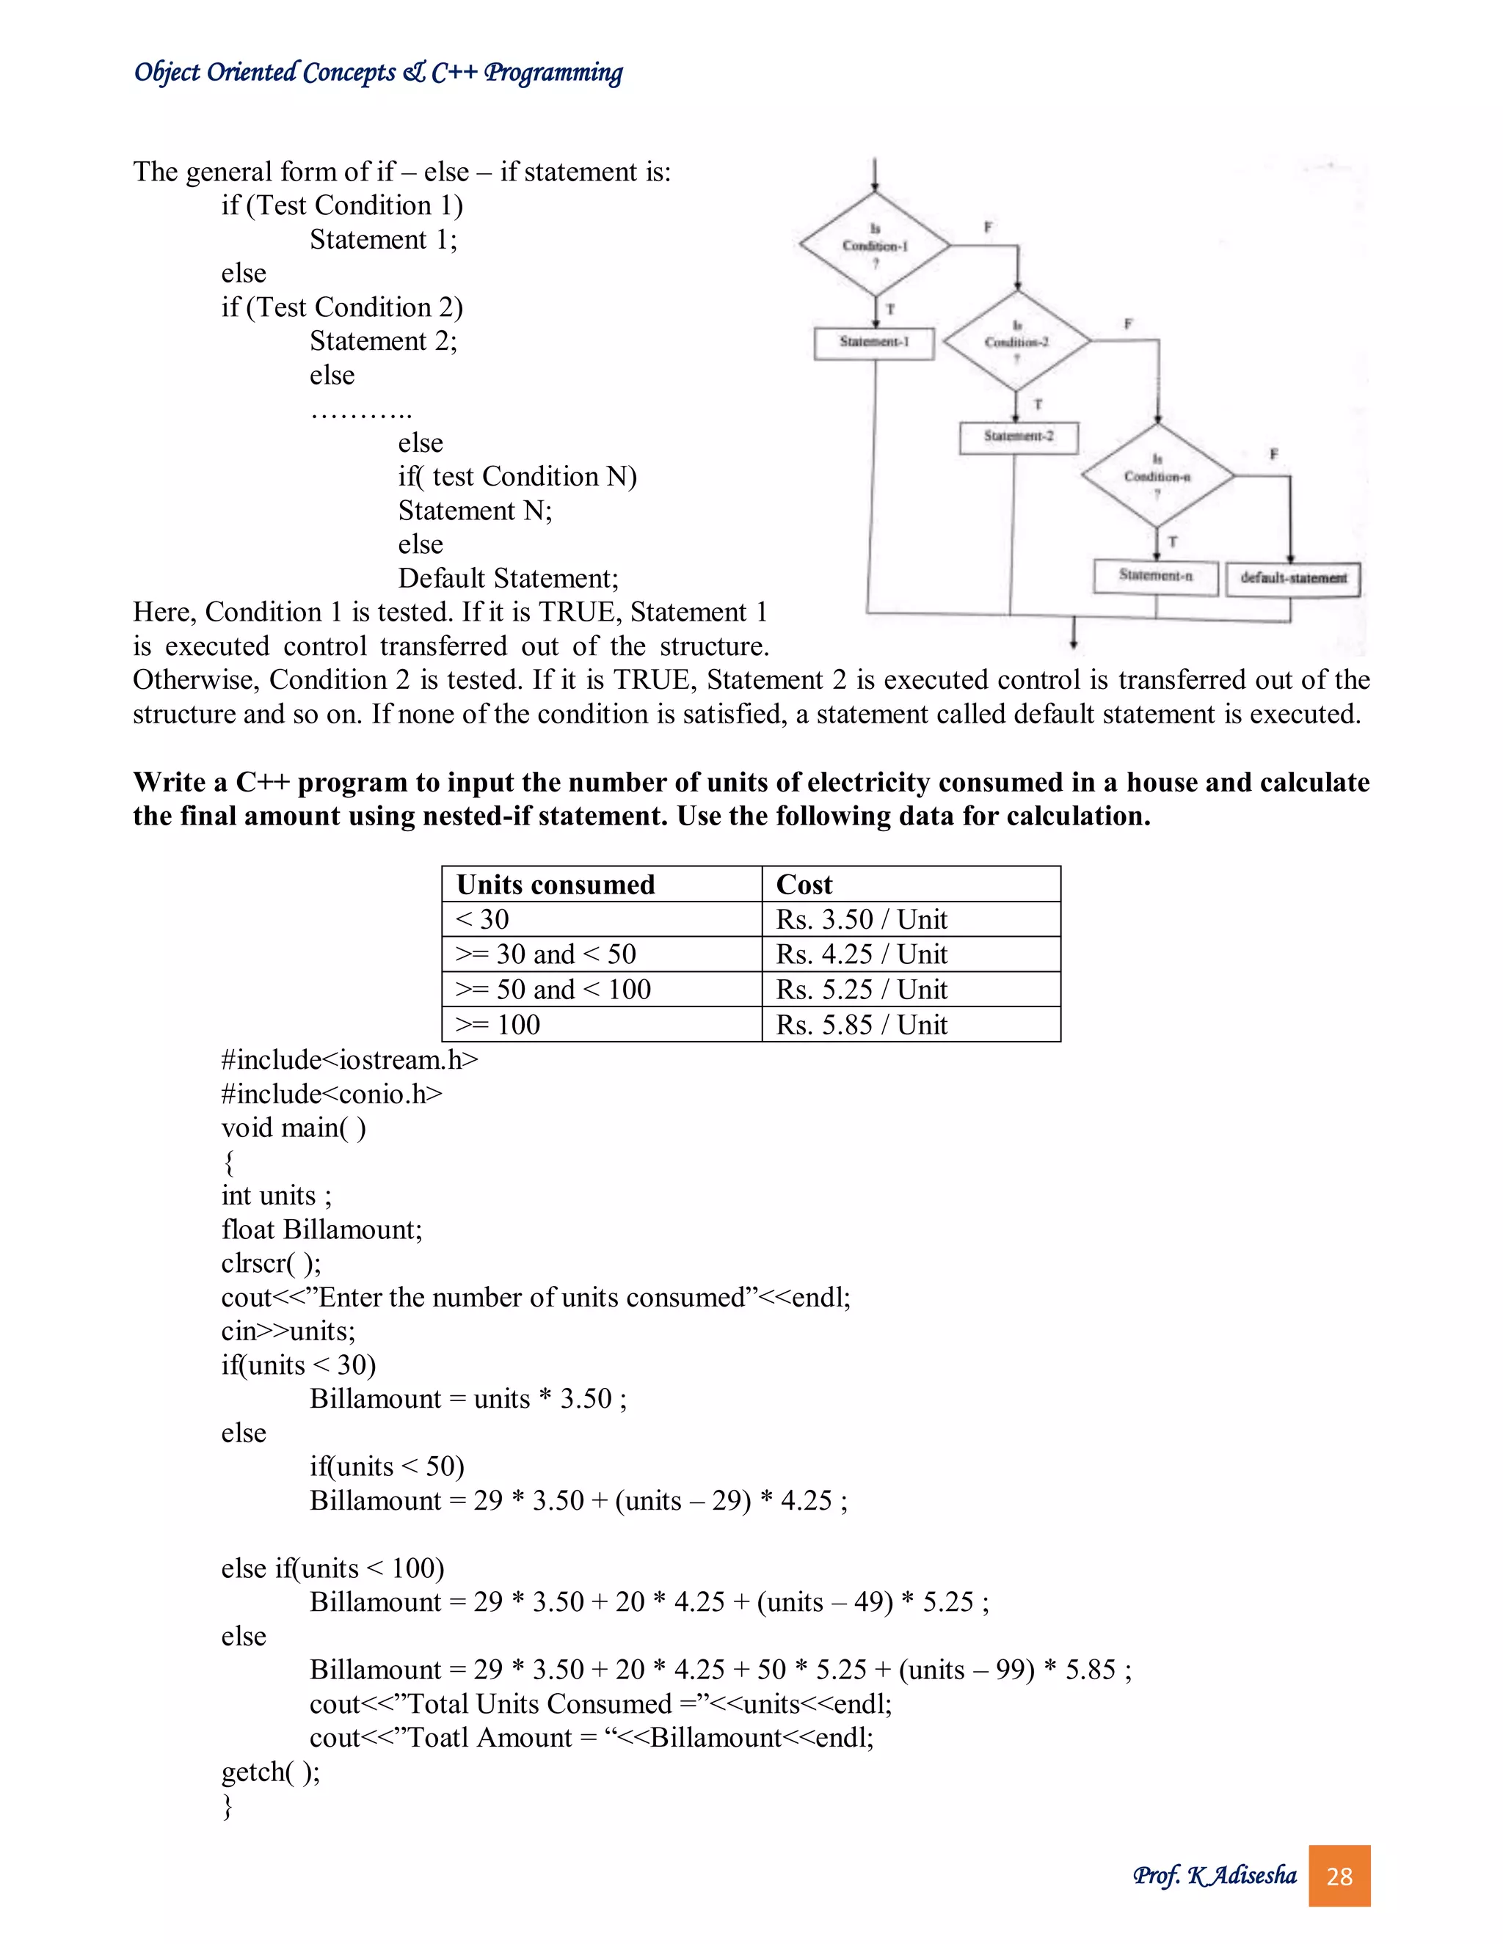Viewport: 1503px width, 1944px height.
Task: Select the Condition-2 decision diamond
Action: pos(1016,342)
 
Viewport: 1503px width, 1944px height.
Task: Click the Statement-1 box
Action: pos(874,343)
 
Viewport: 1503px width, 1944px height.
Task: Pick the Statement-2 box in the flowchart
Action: pos(1019,437)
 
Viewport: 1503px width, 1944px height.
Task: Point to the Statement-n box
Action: pos(1156,576)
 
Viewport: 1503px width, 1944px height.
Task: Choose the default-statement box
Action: pos(1293,579)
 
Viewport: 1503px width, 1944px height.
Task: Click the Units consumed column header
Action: pos(556,885)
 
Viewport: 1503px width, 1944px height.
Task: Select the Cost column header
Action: pos(804,885)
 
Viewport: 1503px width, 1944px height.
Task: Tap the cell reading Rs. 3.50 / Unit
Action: pos(861,919)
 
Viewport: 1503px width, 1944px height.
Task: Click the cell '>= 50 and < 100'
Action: pos(553,990)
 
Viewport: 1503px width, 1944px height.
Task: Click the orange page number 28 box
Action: pos(1339,1877)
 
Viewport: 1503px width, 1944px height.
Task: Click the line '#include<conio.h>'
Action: pos(331,1094)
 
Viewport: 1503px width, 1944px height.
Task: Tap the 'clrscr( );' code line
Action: pos(271,1264)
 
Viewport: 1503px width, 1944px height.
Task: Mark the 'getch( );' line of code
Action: pos(270,1772)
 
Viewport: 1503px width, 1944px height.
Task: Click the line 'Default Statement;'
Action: pos(508,579)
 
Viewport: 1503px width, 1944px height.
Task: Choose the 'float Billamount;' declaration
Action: pos(321,1230)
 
